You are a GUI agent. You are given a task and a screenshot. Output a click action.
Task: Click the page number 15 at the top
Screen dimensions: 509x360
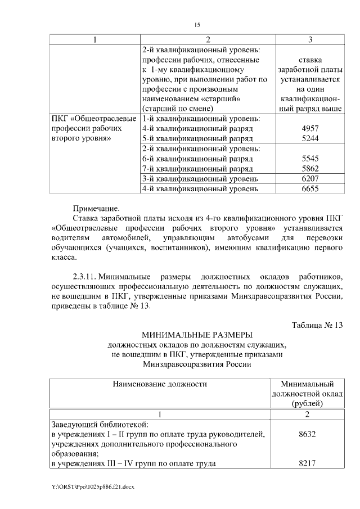[x=197, y=25]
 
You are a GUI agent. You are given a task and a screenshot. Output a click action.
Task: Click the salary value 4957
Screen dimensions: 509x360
[x=310, y=128]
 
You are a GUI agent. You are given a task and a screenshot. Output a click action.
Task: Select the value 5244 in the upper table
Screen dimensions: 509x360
[x=310, y=138]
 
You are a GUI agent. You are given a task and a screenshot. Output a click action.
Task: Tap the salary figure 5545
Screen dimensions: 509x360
[x=310, y=159]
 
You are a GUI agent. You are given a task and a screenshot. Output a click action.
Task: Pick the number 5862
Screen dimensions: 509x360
[x=310, y=168]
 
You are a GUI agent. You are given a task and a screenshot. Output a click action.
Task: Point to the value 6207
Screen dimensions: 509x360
[x=310, y=178]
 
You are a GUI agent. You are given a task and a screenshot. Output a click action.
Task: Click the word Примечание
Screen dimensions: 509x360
[x=96, y=209]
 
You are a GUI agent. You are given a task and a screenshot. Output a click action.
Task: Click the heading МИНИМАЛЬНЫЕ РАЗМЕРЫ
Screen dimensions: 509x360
[x=197, y=335]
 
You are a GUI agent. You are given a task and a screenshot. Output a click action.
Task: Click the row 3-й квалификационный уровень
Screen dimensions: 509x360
[x=200, y=178]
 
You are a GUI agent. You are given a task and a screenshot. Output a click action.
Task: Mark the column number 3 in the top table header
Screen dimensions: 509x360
[x=310, y=40]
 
